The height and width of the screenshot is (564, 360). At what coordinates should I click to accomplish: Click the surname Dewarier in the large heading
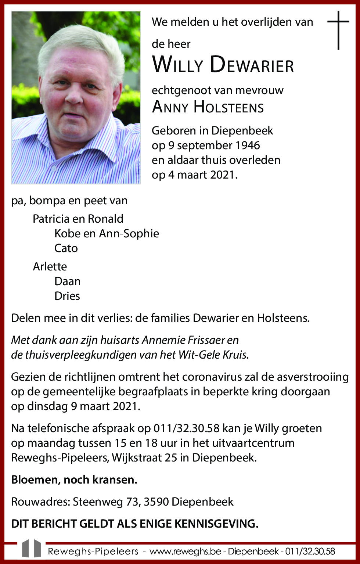(x=252, y=64)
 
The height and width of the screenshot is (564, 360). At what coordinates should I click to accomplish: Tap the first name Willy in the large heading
(x=177, y=64)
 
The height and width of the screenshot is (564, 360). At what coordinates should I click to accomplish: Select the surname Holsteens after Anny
(x=228, y=107)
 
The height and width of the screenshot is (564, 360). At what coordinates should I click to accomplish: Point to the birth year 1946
(x=248, y=146)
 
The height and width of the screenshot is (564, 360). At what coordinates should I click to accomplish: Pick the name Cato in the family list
(x=66, y=248)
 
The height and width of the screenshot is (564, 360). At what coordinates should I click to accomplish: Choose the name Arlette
(x=50, y=266)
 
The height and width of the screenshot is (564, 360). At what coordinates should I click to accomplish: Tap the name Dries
(x=67, y=296)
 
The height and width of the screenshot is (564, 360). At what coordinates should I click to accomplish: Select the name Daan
(x=67, y=281)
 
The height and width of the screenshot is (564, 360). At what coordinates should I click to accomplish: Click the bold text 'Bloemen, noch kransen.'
(x=74, y=480)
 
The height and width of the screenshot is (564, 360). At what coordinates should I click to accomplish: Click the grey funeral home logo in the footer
(x=32, y=549)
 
